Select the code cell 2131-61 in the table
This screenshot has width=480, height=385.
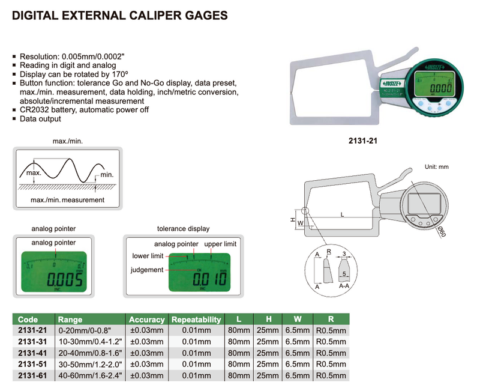point(33,376)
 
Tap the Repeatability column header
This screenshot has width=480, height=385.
point(196,320)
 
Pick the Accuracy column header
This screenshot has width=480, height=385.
point(147,320)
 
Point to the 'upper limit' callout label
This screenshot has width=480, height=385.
point(221,244)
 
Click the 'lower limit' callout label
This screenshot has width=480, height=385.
point(148,256)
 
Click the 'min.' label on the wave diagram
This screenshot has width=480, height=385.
point(107,175)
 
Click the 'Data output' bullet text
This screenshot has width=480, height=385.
point(40,119)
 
